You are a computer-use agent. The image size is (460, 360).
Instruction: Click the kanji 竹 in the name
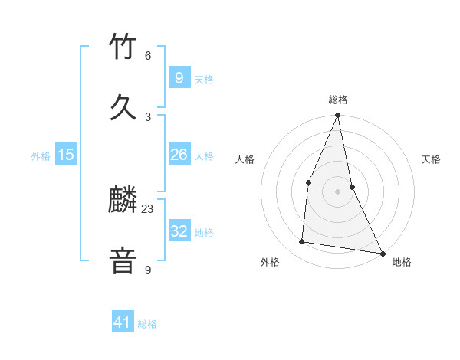pos(123,47)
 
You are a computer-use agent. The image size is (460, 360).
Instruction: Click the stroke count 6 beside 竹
pos(148,56)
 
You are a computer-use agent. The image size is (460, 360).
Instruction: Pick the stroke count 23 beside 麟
pos(148,208)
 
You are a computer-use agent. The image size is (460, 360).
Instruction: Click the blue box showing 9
pos(179,77)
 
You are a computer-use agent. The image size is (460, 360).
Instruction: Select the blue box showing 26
pos(179,155)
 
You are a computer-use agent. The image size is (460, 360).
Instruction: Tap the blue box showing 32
pos(179,231)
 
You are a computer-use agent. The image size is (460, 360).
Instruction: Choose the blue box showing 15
pos(66,155)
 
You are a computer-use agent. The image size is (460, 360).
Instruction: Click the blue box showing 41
pos(123,322)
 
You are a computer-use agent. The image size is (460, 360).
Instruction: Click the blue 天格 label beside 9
pos(204,79)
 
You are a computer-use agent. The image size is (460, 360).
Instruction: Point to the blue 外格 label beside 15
pos(41,156)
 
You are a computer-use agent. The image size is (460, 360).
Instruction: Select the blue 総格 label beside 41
pos(147,324)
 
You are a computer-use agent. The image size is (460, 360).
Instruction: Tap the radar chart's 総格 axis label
pos(338,100)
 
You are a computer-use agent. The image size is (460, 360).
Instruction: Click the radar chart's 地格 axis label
pos(402,262)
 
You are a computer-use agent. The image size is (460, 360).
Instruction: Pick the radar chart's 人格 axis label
pos(245,159)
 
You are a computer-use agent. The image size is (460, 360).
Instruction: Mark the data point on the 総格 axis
pos(337,116)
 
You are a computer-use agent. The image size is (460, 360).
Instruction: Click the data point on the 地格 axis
pos(382,254)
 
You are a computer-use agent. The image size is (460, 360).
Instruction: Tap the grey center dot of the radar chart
pos(337,191)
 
